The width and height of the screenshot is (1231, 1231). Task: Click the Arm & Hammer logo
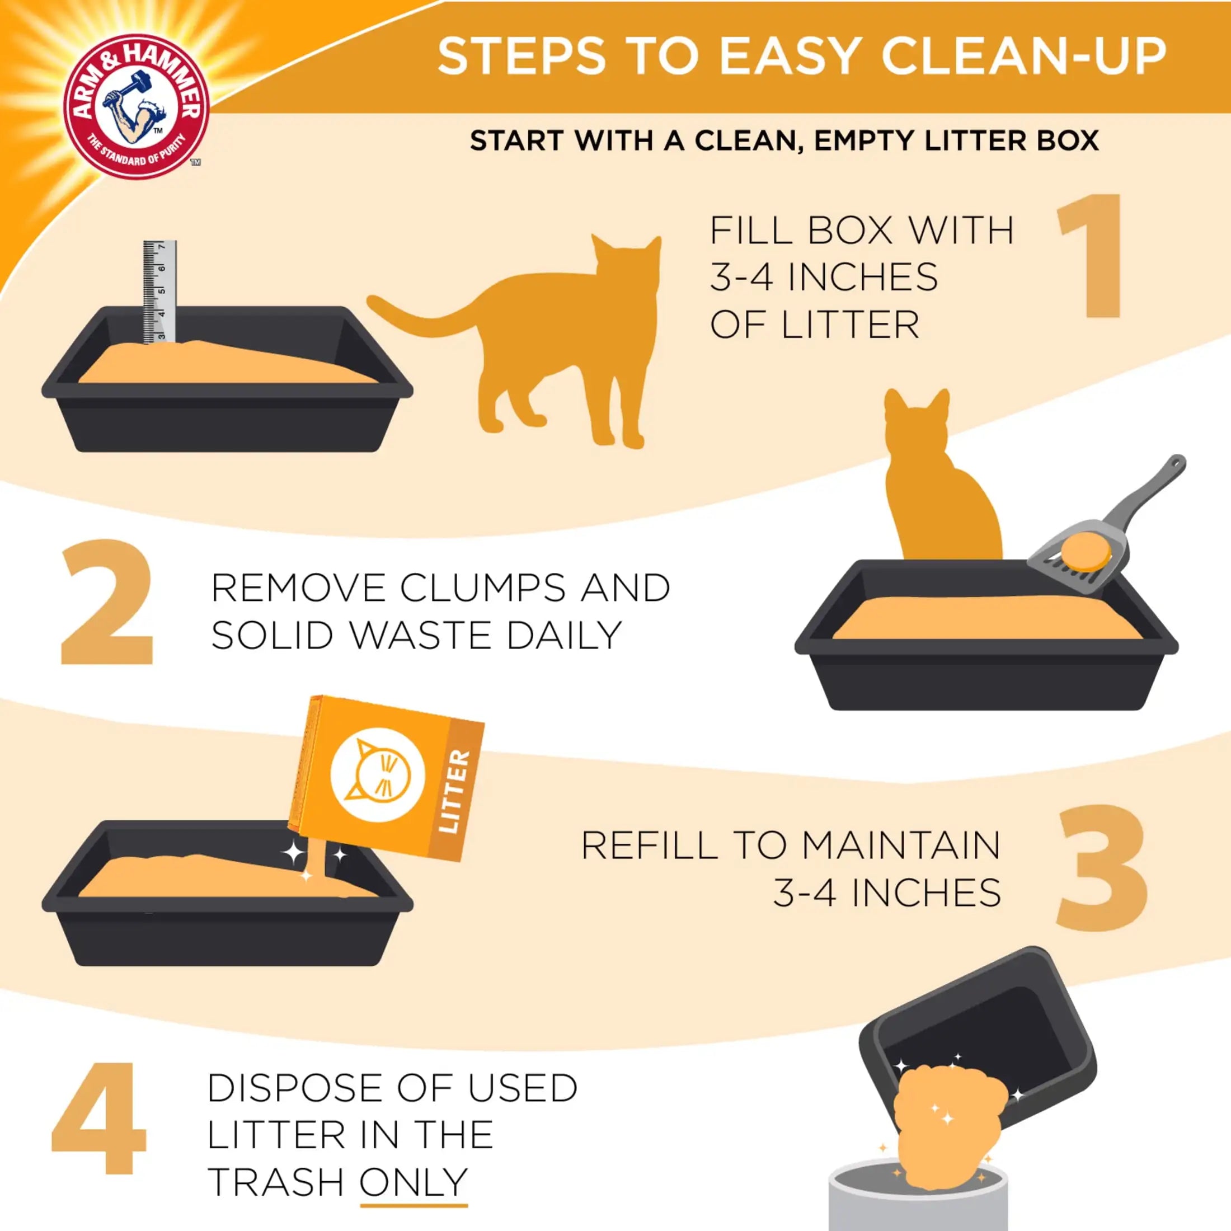(x=137, y=102)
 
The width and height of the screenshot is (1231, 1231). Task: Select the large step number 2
(x=107, y=603)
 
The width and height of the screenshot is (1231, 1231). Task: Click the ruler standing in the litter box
(x=159, y=292)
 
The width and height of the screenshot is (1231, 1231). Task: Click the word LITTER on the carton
(x=455, y=791)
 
